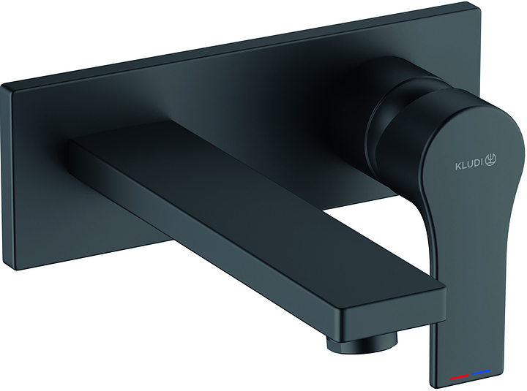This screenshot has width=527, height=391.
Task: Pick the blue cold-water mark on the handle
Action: pyautogui.click(x=481, y=373)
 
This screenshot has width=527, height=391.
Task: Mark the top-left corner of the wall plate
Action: pyautogui.click(x=2, y=86)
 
